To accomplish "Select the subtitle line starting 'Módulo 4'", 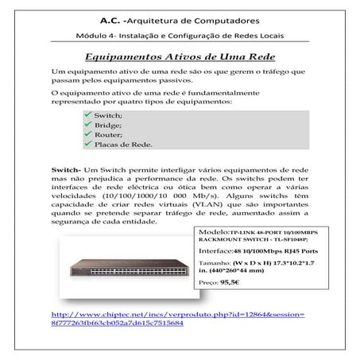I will [180, 37].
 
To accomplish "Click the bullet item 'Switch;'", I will [109, 116].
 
